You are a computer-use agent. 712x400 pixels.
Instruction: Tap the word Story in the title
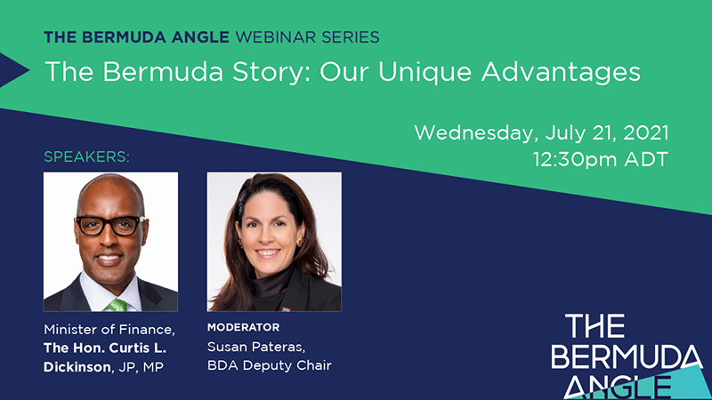(x=268, y=73)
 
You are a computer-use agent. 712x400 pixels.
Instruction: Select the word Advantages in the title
(x=561, y=73)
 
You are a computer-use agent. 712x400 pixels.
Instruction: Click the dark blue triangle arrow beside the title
(x=14, y=70)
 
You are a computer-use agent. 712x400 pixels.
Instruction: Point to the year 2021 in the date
(x=646, y=132)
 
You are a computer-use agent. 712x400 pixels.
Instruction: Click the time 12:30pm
(x=575, y=160)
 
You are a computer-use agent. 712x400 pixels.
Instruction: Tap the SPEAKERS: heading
(x=86, y=157)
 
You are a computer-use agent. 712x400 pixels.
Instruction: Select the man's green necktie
(x=117, y=304)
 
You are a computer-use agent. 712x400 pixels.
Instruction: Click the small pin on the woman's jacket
(x=286, y=309)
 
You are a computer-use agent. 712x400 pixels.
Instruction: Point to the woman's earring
(x=300, y=241)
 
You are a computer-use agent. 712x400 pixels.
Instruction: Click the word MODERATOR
(x=243, y=327)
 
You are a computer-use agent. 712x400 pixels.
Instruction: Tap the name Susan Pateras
(x=256, y=347)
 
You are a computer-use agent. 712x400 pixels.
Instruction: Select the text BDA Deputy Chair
(x=270, y=365)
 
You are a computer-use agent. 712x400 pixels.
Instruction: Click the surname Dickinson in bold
(x=77, y=367)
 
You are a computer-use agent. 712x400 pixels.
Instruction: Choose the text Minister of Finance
(x=109, y=330)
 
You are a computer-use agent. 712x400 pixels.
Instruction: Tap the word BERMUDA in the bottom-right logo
(x=627, y=357)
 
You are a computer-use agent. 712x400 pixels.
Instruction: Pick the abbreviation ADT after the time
(x=647, y=160)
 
